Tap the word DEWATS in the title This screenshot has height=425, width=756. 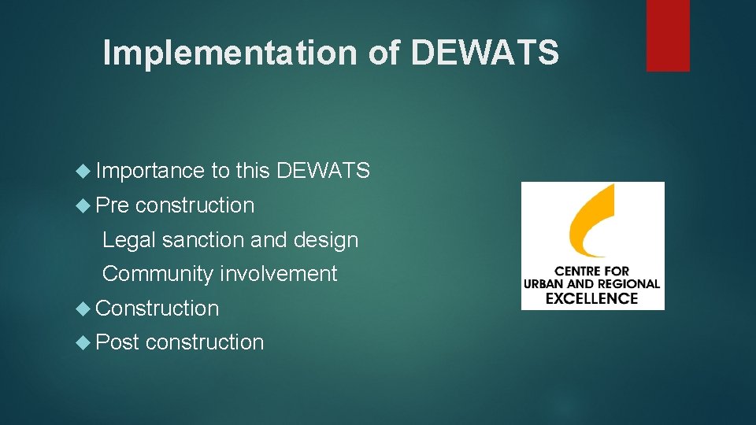(x=485, y=53)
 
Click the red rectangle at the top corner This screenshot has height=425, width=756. (x=668, y=35)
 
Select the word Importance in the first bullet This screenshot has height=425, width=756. (x=150, y=171)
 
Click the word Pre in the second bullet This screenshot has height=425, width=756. (x=112, y=205)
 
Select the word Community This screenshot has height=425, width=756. (x=157, y=274)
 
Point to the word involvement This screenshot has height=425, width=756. (x=278, y=274)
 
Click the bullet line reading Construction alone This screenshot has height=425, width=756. (x=157, y=309)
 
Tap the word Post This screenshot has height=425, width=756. (x=117, y=342)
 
